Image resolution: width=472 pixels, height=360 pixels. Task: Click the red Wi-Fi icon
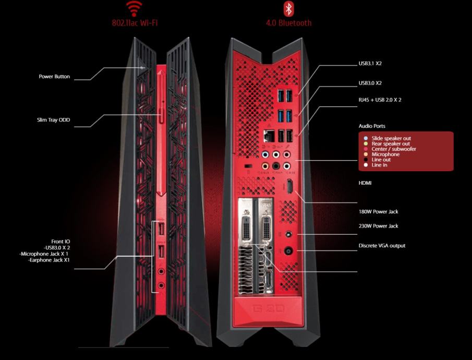tap(134, 9)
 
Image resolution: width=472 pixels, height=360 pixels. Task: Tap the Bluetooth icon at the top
tap(289, 8)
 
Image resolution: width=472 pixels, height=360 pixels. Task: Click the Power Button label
tap(54, 77)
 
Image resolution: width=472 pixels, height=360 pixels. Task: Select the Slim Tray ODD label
tap(53, 120)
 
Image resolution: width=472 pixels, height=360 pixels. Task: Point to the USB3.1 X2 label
tap(370, 64)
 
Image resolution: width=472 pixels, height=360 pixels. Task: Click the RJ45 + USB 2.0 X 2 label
tap(380, 100)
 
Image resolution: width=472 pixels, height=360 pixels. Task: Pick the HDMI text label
tap(365, 183)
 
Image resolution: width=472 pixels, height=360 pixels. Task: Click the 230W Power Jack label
tap(378, 226)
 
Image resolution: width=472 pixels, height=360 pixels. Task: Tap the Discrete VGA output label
tap(382, 246)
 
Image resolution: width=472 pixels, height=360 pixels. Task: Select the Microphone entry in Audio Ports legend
tap(385, 154)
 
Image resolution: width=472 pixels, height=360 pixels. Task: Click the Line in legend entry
tap(379, 165)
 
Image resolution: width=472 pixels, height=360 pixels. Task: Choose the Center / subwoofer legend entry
tap(394, 149)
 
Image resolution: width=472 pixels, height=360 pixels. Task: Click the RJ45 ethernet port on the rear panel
tap(269, 136)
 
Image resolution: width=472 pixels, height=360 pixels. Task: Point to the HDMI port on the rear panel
tap(290, 186)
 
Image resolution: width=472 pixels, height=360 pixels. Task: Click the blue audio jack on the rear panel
tap(265, 155)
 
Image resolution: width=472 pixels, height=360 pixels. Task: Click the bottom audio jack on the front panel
tap(161, 285)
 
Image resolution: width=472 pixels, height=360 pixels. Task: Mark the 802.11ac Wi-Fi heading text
tap(135, 23)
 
